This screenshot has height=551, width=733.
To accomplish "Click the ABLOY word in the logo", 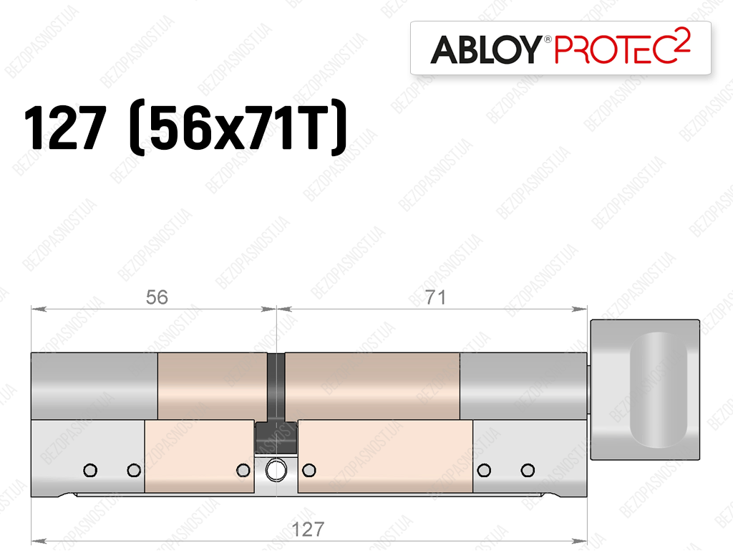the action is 486,49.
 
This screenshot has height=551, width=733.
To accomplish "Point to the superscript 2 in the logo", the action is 684,39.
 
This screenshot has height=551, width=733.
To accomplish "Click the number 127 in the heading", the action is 64,127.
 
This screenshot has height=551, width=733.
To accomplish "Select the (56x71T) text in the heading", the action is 238,128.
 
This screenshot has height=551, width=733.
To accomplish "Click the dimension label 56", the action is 157,297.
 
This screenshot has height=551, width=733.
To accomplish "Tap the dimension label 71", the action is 435,297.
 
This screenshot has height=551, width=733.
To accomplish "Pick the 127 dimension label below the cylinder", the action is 308,530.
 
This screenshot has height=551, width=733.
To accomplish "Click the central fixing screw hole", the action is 276,470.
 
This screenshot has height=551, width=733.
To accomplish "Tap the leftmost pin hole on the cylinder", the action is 90,470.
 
